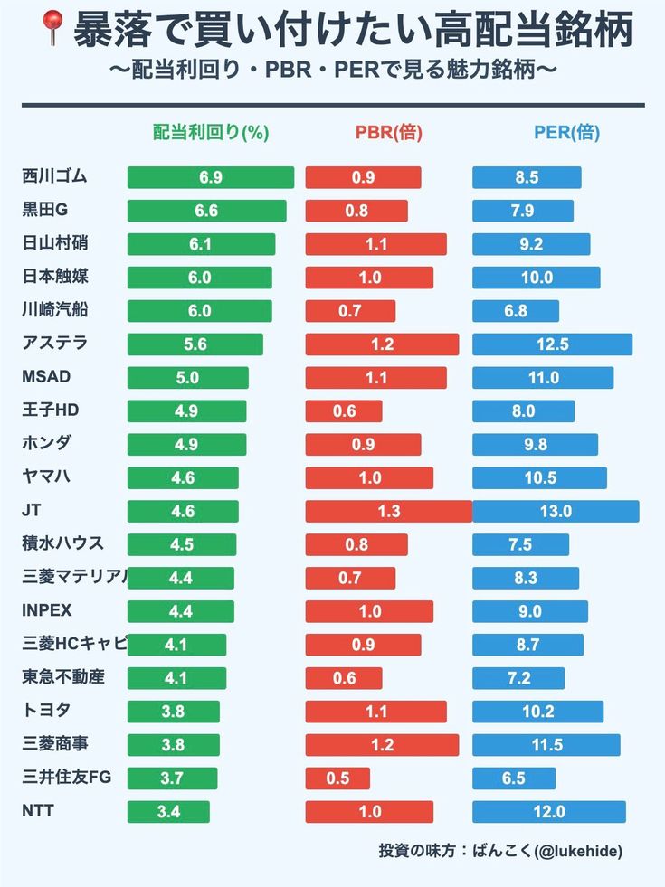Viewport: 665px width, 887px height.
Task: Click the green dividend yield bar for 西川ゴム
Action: (x=210, y=177)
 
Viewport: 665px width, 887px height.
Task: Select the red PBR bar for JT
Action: (x=388, y=511)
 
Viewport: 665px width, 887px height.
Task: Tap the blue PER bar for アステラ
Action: (x=552, y=344)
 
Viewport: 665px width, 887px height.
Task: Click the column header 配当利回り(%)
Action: (x=211, y=133)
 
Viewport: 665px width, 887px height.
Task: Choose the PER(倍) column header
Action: (x=566, y=133)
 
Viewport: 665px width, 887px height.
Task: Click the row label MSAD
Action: (x=46, y=377)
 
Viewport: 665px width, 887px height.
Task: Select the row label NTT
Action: (x=38, y=811)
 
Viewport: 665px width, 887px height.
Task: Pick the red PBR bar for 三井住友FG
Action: (x=337, y=778)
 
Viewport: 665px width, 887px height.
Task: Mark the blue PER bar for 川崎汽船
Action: (x=515, y=311)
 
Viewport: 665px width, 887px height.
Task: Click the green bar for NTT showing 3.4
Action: (x=168, y=812)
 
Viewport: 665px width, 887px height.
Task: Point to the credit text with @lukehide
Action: (x=500, y=851)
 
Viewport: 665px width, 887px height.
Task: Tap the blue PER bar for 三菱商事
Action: (x=546, y=745)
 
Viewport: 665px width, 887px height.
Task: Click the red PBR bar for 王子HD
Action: (x=344, y=411)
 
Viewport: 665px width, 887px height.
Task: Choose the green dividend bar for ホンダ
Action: (x=186, y=444)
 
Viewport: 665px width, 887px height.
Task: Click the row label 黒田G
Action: (x=45, y=210)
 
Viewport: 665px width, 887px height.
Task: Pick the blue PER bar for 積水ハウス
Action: (x=520, y=544)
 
